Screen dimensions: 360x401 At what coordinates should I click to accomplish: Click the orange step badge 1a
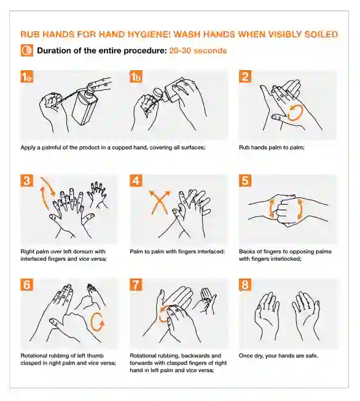(27, 77)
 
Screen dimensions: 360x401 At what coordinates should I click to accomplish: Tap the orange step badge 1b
(136, 77)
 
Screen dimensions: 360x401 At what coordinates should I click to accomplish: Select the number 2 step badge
(245, 76)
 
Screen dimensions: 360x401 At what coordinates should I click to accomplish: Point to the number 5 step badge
(245, 181)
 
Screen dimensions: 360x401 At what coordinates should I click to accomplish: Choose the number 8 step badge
(245, 285)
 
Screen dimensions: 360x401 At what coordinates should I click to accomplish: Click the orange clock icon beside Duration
(27, 50)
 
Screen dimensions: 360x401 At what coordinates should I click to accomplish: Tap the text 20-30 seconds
(198, 50)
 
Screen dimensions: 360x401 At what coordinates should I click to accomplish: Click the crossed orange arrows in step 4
(160, 202)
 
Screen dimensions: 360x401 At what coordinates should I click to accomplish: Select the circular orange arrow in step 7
(163, 314)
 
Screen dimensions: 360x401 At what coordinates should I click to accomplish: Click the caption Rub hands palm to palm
(272, 148)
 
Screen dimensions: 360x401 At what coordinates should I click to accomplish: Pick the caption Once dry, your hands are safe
(278, 355)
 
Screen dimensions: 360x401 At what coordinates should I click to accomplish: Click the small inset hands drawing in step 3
(96, 194)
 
